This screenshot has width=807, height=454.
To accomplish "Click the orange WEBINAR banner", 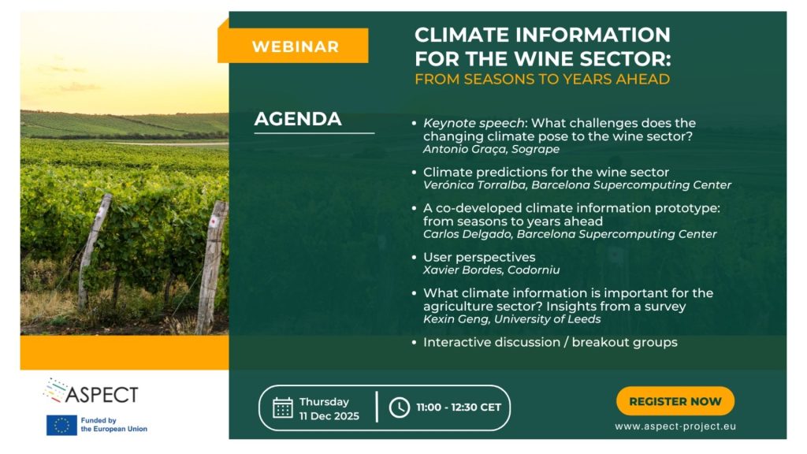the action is pos(293,46).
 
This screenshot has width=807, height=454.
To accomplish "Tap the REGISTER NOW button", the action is pos(675,401).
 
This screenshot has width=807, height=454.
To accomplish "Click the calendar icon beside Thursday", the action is pos(283,407).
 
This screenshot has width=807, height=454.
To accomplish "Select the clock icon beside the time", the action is pos(400,407).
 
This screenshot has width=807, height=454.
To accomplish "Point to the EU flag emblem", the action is pos(61,425).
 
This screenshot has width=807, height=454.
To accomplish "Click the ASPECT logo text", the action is pos(102,395).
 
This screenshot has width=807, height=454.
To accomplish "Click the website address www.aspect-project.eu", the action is pos(675,426).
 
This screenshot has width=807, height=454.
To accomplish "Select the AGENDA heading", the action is pos(298,119).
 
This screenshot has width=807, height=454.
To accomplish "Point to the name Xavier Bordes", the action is pos(456,270).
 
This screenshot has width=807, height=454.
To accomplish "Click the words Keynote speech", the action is pos(474,124).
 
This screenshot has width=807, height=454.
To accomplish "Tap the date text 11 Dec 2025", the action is pos(329,416).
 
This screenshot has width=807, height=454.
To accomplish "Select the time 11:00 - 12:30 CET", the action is pos(459,407).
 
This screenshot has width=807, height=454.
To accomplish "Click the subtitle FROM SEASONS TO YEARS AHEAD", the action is pos(542,80).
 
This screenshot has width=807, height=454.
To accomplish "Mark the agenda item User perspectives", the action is pos(479,258).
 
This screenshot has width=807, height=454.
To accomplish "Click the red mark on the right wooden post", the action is pos(213,221).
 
